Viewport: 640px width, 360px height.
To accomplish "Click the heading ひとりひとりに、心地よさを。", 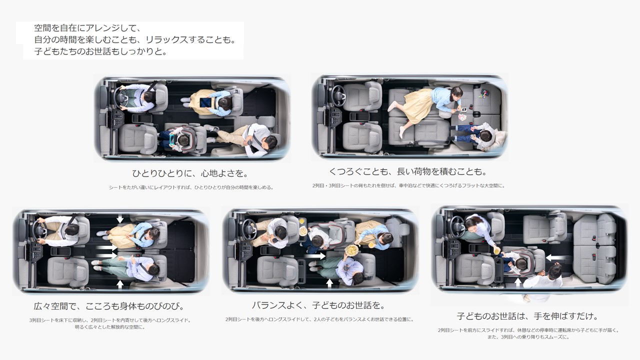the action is pyautogui.click(x=190, y=173).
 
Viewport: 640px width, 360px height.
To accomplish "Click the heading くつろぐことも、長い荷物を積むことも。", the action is pyautogui.click(x=408, y=171).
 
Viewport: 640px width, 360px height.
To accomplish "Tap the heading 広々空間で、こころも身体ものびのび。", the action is pyautogui.click(x=109, y=306).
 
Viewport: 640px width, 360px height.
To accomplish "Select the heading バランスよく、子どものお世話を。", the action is pyautogui.click(x=318, y=305).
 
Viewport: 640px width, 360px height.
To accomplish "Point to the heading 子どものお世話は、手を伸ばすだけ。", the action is pyautogui.click(x=527, y=316).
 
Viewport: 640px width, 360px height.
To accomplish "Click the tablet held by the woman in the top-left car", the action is pyautogui.click(x=205, y=102).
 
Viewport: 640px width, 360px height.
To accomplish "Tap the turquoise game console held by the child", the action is pyautogui.click(x=172, y=139).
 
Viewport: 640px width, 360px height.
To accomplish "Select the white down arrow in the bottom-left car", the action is pyautogui.click(x=120, y=219).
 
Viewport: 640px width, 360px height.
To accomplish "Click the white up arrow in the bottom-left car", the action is pyautogui.click(x=120, y=284).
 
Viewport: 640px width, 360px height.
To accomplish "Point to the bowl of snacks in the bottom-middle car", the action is pyautogui.click(x=351, y=250).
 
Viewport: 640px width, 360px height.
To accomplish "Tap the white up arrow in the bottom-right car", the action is pyautogui.click(x=518, y=282).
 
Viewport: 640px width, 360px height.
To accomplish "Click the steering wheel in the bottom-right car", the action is pyautogui.click(x=457, y=227).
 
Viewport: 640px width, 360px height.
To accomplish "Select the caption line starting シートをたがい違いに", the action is pyautogui.click(x=191, y=187).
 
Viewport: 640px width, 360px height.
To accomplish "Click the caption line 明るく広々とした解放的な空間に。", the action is pyautogui.click(x=109, y=327).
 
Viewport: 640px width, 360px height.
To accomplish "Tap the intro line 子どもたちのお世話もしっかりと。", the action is pyautogui.click(x=100, y=51).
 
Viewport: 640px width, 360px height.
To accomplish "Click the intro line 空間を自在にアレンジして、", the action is pyautogui.click(x=87, y=28).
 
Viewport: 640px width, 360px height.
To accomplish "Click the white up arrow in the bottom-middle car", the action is pyautogui.click(x=329, y=283).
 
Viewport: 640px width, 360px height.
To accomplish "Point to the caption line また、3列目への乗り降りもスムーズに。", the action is pyautogui.click(x=528, y=337).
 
